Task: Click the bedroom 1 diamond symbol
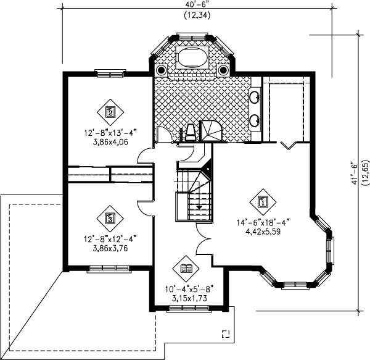[x=263, y=202]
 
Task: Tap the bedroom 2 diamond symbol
[x=110, y=112]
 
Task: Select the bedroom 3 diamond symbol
[x=110, y=219]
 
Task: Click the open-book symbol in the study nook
[x=186, y=269]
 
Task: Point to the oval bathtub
[x=192, y=57]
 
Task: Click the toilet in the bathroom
[x=191, y=133]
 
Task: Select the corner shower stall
[x=211, y=131]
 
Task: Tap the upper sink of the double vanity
[x=255, y=97]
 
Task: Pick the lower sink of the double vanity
[x=255, y=120]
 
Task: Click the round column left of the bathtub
[x=161, y=70]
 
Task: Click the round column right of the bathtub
[x=223, y=70]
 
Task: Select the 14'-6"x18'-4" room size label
[x=263, y=223]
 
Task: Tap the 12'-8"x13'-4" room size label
[x=110, y=133]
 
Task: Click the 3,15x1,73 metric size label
[x=189, y=298]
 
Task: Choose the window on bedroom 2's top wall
[x=110, y=73]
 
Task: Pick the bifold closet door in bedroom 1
[x=288, y=145]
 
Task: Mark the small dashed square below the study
[x=226, y=334]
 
